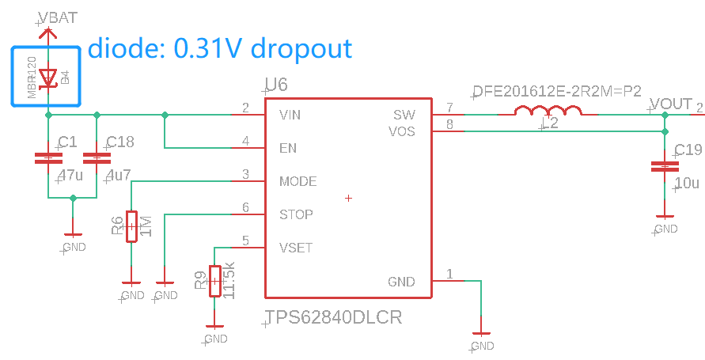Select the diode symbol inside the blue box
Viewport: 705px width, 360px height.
click(x=49, y=77)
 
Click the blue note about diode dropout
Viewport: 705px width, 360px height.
click(x=219, y=48)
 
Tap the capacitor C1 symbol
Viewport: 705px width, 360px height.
click(x=49, y=158)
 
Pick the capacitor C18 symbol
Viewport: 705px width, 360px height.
click(x=97, y=158)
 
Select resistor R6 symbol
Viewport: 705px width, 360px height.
click(x=131, y=227)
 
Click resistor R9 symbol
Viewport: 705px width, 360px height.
click(x=214, y=280)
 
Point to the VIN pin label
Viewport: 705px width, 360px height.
click(x=290, y=116)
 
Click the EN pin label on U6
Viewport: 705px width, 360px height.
click(x=288, y=148)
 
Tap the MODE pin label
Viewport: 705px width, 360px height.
click(x=298, y=181)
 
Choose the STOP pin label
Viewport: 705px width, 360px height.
click(x=296, y=214)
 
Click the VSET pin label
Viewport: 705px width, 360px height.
click(x=295, y=248)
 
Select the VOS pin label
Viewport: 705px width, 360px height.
click(x=402, y=131)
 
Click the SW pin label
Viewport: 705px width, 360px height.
click(x=404, y=116)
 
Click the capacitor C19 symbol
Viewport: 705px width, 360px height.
click(x=665, y=166)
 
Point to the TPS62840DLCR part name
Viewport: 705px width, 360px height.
click(x=333, y=318)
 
